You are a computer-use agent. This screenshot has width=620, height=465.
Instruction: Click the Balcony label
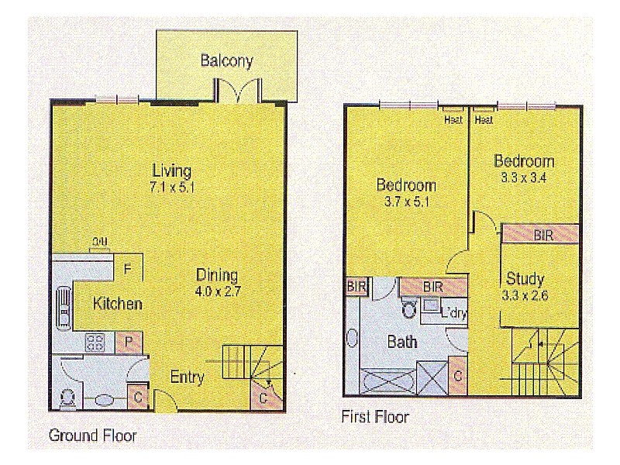(x=226, y=61)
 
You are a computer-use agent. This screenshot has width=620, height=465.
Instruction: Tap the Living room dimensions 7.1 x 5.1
(x=171, y=187)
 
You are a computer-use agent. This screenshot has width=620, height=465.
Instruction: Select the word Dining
(x=216, y=275)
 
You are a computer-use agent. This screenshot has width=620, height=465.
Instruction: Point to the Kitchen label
(x=117, y=303)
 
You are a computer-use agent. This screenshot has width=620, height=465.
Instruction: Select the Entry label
(x=187, y=378)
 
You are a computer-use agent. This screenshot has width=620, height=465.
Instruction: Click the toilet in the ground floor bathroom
(x=67, y=398)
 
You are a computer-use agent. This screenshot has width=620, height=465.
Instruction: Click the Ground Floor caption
(x=92, y=435)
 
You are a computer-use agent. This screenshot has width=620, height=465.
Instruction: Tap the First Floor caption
(x=375, y=417)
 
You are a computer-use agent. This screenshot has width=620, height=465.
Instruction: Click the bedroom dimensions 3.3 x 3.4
(x=525, y=177)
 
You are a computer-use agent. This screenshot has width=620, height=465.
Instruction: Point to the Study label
(x=525, y=278)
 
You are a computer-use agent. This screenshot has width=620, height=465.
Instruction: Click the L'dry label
(x=453, y=313)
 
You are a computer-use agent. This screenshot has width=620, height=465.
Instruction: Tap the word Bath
(x=402, y=341)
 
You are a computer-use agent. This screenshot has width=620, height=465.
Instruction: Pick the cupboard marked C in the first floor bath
(x=458, y=377)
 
